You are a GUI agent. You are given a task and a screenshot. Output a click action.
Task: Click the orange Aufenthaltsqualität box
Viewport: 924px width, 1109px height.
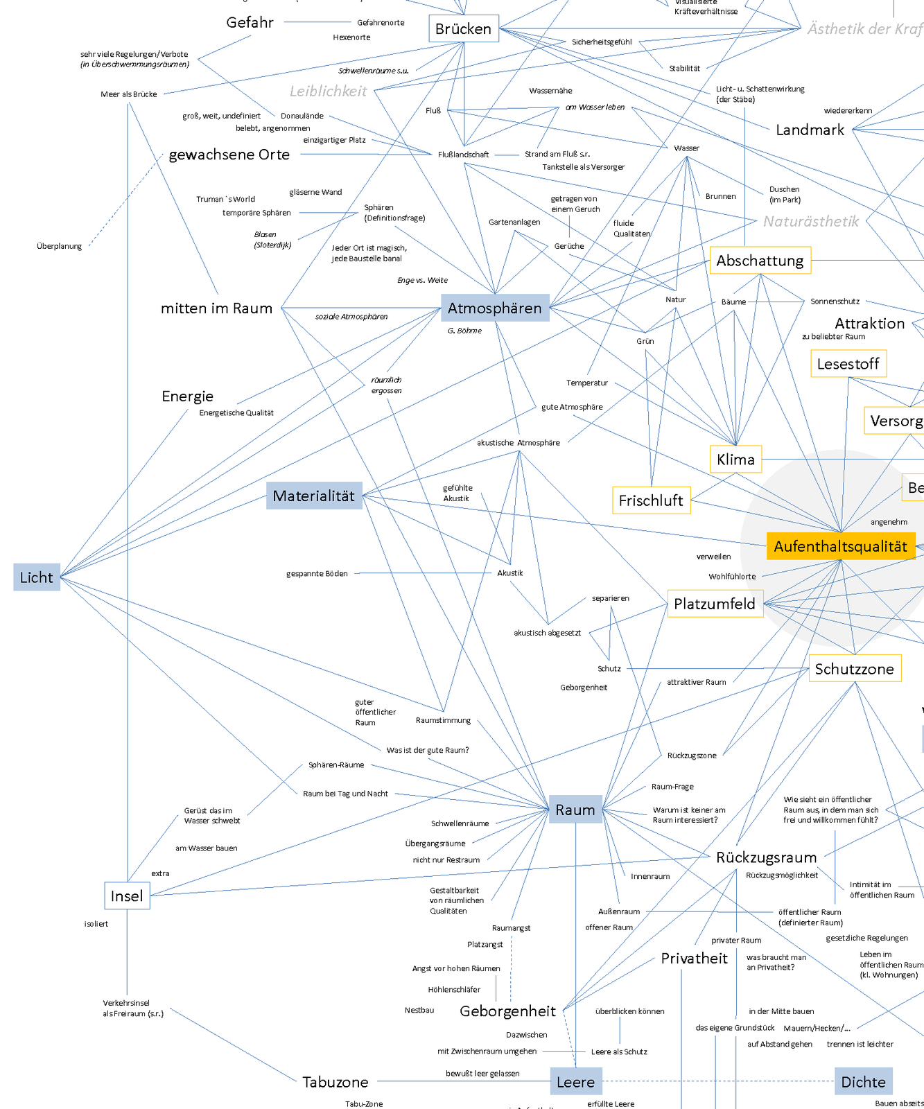pos(840,546)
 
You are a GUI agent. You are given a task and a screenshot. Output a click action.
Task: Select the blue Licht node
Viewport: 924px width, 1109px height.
pos(37,577)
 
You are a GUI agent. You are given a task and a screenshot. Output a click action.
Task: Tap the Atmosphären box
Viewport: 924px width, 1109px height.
pos(495,308)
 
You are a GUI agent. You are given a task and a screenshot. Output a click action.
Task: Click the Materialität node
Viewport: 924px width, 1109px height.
pos(314,496)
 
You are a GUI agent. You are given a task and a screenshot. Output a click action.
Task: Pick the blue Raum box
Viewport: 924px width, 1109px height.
pos(575,810)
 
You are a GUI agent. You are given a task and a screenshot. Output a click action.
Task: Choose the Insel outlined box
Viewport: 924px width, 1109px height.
pos(127,896)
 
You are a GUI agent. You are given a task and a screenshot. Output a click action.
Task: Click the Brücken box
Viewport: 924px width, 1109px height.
pos(463,28)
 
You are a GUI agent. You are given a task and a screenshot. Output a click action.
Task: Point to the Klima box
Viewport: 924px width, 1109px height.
pos(735,459)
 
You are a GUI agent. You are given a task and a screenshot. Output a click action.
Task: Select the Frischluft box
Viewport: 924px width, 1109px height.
pos(651,500)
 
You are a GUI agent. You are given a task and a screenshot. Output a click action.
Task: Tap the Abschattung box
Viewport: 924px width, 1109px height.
pos(760,261)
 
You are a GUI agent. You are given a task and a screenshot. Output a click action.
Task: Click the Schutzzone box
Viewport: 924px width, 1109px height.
pos(854,668)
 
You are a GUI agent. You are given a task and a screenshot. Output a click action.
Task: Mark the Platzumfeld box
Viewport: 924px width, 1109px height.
pos(715,604)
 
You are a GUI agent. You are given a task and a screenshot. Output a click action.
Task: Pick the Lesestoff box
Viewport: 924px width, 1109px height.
pos(848,364)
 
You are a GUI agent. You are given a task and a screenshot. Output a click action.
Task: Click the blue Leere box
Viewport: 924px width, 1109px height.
pos(576,1082)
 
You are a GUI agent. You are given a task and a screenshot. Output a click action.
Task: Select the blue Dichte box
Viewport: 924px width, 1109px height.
pos(863,1082)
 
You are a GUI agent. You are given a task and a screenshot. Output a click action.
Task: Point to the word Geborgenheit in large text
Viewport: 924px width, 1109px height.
pos(507,1011)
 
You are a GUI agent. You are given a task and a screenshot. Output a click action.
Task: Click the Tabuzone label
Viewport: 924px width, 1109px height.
pos(335,1082)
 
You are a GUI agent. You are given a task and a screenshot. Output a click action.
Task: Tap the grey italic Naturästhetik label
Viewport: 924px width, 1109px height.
pos(810,221)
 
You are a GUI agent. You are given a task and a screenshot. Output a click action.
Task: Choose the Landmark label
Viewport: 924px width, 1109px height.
pos(810,130)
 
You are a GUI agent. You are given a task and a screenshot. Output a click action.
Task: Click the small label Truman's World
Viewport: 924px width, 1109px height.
pos(225,199)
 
